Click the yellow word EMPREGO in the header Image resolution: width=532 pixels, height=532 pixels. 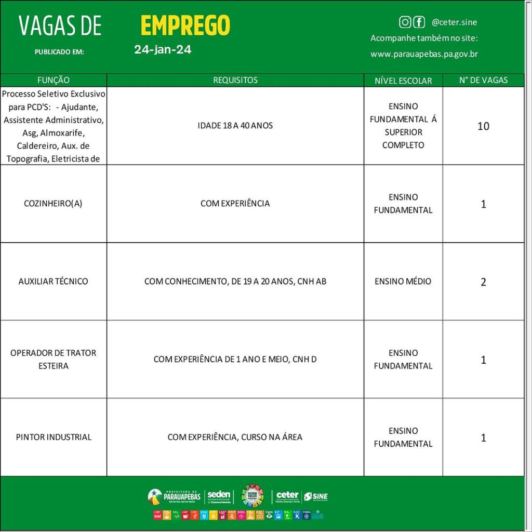[x=185, y=25]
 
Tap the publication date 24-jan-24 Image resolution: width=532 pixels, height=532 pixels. [x=163, y=50]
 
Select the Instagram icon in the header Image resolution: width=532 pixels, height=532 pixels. [x=405, y=22]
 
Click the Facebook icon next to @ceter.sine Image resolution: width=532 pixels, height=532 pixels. [x=419, y=22]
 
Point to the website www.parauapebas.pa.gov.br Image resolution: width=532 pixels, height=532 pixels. [x=424, y=54]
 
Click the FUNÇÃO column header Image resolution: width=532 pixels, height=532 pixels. [x=54, y=80]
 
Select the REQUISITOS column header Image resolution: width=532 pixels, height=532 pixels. [x=235, y=80]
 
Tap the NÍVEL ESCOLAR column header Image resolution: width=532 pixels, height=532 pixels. [x=403, y=81]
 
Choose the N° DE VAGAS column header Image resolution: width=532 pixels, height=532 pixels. [x=483, y=80]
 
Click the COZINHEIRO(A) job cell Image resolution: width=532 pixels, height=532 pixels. [x=54, y=204]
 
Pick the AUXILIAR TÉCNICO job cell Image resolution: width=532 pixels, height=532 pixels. [x=54, y=282]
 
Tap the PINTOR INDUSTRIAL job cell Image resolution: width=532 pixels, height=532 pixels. [x=54, y=437]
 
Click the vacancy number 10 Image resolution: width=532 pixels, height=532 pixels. [x=483, y=126]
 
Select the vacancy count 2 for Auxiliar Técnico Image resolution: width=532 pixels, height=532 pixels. [x=483, y=282]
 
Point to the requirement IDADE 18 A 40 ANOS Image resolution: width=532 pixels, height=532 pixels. [x=235, y=126]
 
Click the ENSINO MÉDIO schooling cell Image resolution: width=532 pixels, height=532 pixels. [x=403, y=282]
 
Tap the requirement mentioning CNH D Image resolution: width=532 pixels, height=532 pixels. [x=235, y=360]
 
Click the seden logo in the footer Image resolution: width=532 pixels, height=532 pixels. [x=219, y=497]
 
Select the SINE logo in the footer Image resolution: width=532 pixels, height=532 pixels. [x=316, y=497]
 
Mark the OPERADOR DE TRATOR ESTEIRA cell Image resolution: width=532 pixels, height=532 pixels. [x=54, y=360]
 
